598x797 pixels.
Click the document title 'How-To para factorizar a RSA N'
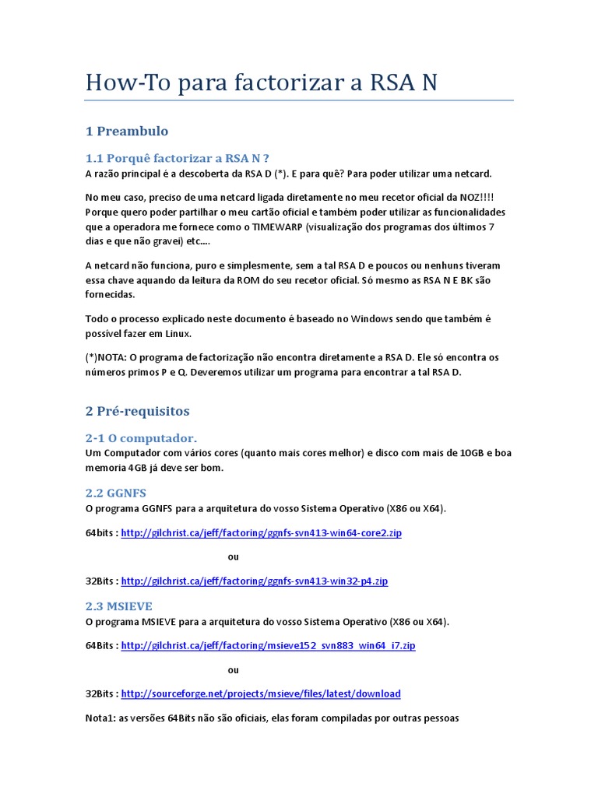click(261, 83)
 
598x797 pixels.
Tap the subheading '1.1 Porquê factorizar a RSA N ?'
click(177, 159)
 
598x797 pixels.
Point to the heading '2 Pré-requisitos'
click(137, 410)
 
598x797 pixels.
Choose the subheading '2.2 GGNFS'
click(115, 493)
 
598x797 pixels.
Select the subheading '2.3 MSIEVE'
click(118, 606)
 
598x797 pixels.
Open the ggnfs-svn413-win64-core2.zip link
click(262, 533)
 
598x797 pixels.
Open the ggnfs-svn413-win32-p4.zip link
click(255, 581)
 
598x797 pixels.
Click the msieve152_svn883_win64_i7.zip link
click(269, 646)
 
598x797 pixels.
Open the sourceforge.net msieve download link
click(261, 693)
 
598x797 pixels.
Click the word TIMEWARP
click(279, 226)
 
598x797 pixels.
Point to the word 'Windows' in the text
click(372, 319)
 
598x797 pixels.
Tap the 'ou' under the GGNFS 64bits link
click(233, 556)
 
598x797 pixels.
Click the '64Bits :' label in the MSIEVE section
click(102, 646)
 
